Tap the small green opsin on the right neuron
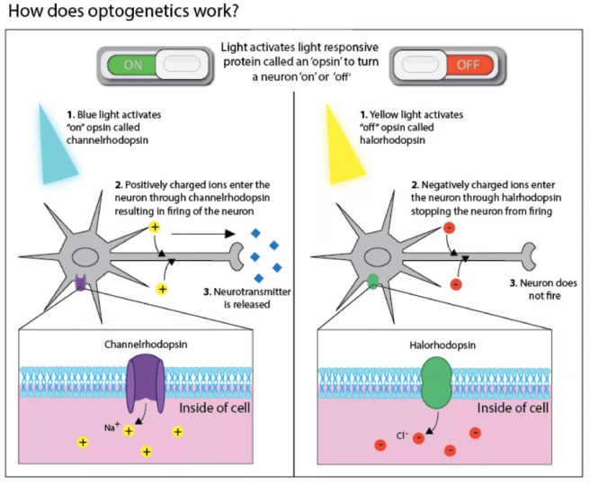click(373, 283)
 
